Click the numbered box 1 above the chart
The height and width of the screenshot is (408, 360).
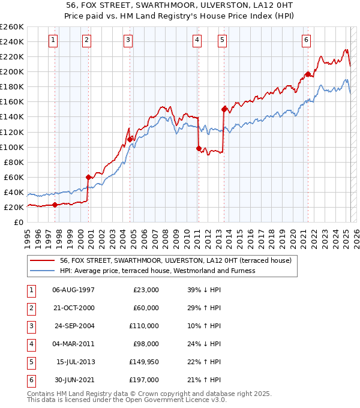pos(53,40)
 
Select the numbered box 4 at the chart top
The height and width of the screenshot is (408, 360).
pos(197,40)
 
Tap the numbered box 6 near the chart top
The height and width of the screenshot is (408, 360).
pos(306,40)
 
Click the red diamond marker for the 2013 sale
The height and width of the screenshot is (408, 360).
pos(224,109)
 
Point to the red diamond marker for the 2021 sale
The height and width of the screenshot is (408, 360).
pos(308,74)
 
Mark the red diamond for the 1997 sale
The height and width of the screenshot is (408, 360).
pos(55,205)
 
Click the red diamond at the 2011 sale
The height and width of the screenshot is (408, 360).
pos(199,148)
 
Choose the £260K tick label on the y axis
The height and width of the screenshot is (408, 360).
pos(12,27)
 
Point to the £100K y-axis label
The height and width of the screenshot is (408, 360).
pos(12,147)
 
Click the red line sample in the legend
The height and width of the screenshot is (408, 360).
pos(43,261)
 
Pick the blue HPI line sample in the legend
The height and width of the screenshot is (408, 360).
pos(43,271)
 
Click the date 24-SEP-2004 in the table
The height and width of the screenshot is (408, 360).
pos(74,326)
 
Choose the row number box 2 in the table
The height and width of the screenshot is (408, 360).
pos(31,308)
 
